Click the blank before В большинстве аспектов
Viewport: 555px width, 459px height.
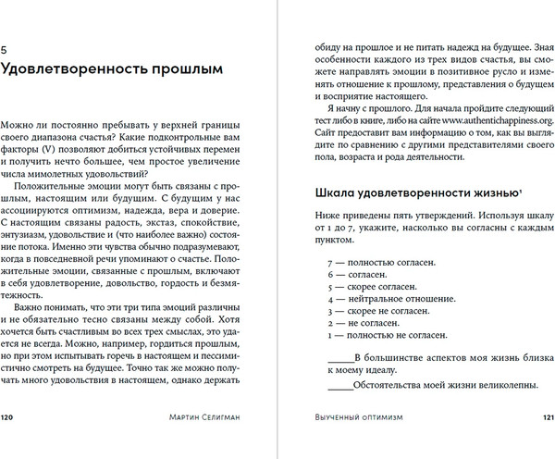coord(340,356)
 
